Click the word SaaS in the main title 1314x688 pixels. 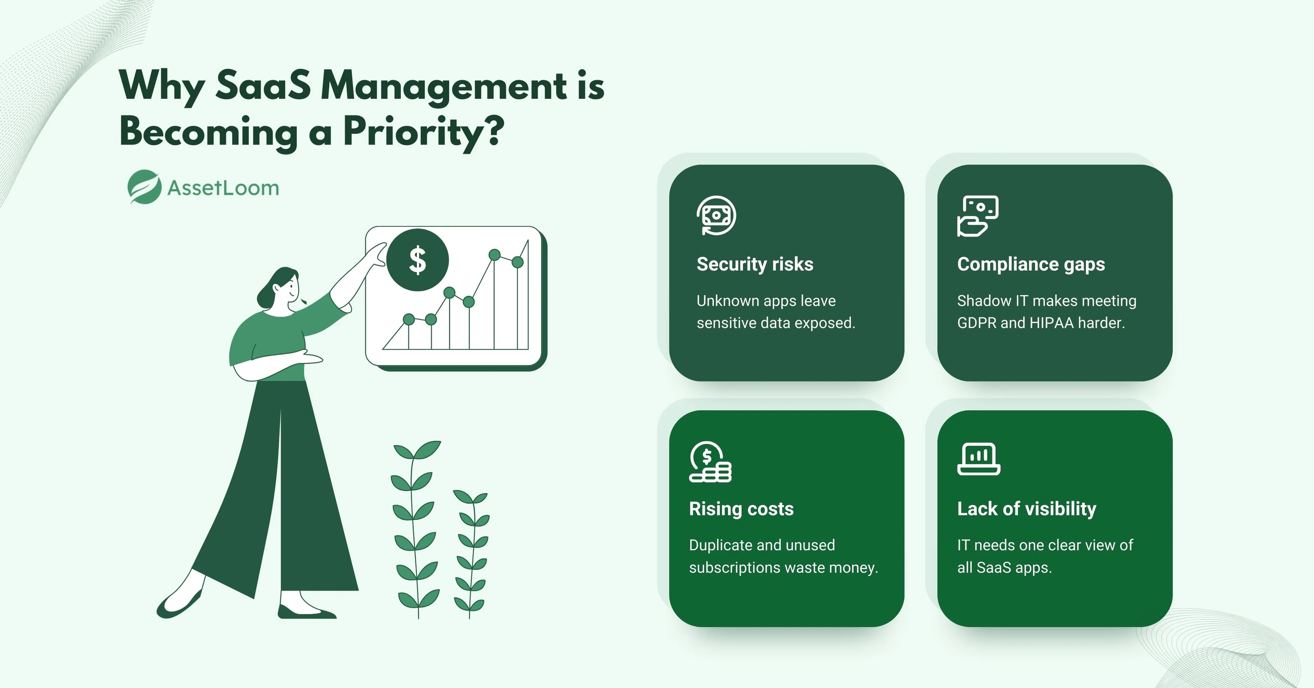click(263, 85)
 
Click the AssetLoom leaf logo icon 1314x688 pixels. click(144, 187)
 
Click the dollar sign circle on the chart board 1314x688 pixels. click(418, 260)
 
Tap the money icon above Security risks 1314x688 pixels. click(717, 215)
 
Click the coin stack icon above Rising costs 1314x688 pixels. click(710, 462)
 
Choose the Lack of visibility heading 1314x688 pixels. click(1027, 509)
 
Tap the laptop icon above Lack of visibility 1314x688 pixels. click(978, 459)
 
